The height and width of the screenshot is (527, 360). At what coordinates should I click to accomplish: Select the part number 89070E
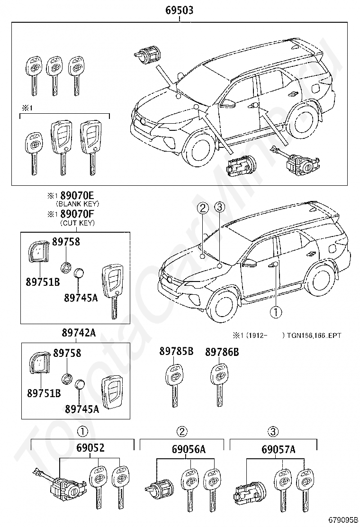[79, 195]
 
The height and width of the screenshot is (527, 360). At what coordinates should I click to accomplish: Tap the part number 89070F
[79, 214]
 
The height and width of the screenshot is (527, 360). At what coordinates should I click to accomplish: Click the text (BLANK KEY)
[77, 204]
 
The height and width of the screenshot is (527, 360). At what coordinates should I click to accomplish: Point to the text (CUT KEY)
[77, 223]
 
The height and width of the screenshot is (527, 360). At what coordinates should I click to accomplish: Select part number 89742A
[79, 333]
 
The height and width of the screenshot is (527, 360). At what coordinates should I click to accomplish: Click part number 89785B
[176, 352]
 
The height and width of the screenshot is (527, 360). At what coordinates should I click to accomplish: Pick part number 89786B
[222, 352]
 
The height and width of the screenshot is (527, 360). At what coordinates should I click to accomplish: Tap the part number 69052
[90, 448]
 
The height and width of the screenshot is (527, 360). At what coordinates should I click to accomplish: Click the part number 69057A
[279, 449]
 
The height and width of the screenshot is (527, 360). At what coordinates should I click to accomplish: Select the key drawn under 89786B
[220, 385]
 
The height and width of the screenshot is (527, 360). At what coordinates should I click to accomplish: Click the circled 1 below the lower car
[276, 312]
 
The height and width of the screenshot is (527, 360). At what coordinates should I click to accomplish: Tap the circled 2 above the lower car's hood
[203, 209]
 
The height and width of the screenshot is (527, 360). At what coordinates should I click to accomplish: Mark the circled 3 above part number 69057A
[273, 431]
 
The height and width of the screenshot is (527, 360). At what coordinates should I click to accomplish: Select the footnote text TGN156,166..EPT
[314, 336]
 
